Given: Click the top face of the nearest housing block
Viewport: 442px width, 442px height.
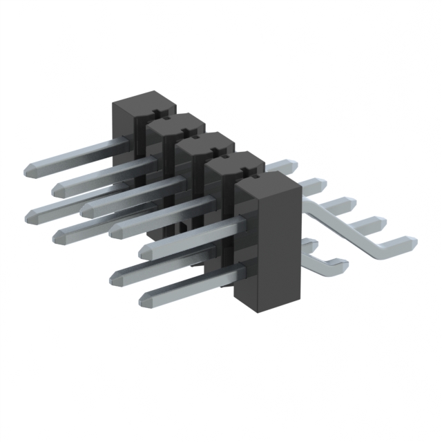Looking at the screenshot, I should pyautogui.click(x=267, y=181).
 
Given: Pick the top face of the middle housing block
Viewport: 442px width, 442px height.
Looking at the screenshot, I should pyautogui.click(x=204, y=143).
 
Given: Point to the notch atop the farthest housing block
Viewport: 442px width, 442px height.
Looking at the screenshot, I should pyautogui.click(x=157, y=109).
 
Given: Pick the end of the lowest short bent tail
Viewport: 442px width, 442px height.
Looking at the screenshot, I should pyautogui.click(x=340, y=261).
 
